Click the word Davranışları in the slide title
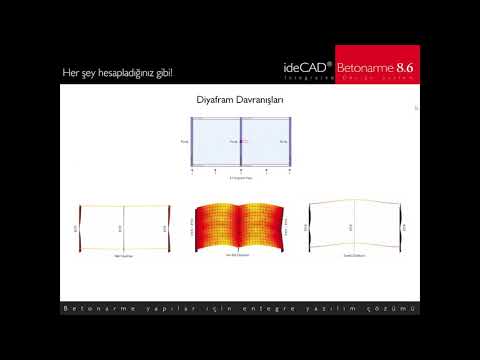tap(257, 100)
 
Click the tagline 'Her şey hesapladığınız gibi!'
tap(117, 73)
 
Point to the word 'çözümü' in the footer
tap(396, 309)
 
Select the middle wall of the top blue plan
tap(241, 142)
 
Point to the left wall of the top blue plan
tap(192, 142)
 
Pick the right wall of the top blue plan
tap(290, 142)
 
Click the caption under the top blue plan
tap(240, 179)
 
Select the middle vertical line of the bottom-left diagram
tap(125, 228)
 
